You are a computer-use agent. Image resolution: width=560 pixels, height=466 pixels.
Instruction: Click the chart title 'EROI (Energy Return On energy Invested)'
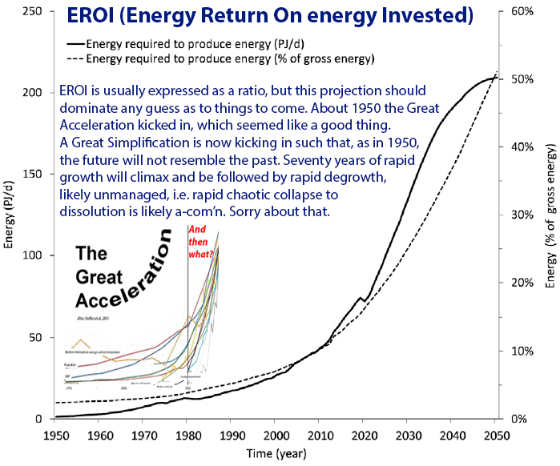click(x=269, y=15)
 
